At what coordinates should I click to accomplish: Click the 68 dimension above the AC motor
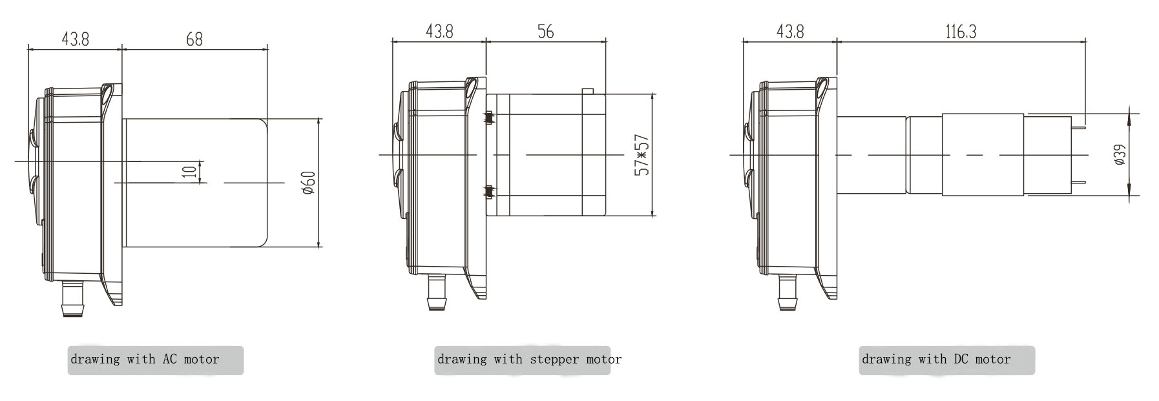coord(194,39)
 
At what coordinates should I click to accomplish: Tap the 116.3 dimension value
coord(961,32)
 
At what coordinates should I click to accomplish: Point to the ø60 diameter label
coord(308,183)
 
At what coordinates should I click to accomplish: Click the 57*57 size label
coord(642,155)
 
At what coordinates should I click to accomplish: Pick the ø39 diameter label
coord(1120,155)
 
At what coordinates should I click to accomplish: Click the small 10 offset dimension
coord(189,172)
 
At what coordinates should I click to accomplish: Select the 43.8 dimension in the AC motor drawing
coord(75,39)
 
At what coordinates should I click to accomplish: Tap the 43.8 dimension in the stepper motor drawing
coord(439,32)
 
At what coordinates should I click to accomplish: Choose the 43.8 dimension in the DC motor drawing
coord(790,32)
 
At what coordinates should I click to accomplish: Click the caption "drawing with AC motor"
coord(145,360)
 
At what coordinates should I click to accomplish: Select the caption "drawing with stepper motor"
coord(530,360)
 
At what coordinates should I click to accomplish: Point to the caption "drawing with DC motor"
coord(936,360)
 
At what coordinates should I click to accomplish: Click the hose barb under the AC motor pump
coord(72,298)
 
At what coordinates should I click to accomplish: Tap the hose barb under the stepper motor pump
coord(437,292)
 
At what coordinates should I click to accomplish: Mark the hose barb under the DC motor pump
coord(788,292)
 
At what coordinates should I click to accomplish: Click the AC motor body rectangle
coord(195,182)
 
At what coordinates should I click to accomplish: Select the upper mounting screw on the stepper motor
coord(489,118)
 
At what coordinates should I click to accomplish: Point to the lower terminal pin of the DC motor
coord(1078,185)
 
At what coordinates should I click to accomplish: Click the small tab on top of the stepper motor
coord(588,90)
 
